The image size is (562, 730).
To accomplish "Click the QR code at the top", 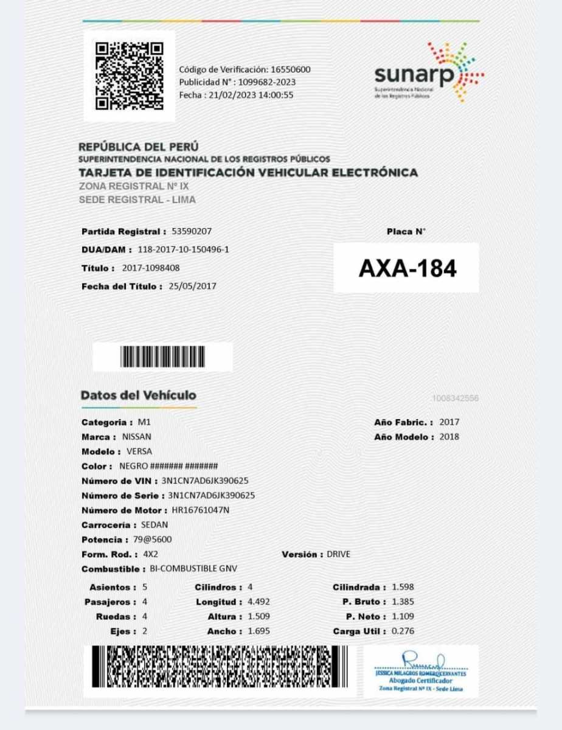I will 130,76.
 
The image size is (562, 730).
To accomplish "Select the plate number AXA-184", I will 407,268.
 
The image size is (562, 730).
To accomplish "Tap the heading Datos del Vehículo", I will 139,395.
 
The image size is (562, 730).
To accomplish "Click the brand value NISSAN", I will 137,437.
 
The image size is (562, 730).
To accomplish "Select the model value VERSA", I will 139,451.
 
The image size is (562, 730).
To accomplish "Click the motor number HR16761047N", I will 201,510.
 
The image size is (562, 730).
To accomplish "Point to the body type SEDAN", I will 154,525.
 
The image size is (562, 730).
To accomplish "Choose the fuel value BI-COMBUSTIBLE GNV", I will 193,569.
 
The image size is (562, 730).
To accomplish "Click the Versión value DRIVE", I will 339,555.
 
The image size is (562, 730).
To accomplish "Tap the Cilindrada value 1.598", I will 403,588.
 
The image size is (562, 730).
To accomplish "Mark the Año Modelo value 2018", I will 449,437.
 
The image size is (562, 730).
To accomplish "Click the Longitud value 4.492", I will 258,602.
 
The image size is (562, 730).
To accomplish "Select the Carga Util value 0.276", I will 403,631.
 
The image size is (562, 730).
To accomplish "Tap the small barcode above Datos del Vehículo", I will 162,357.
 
